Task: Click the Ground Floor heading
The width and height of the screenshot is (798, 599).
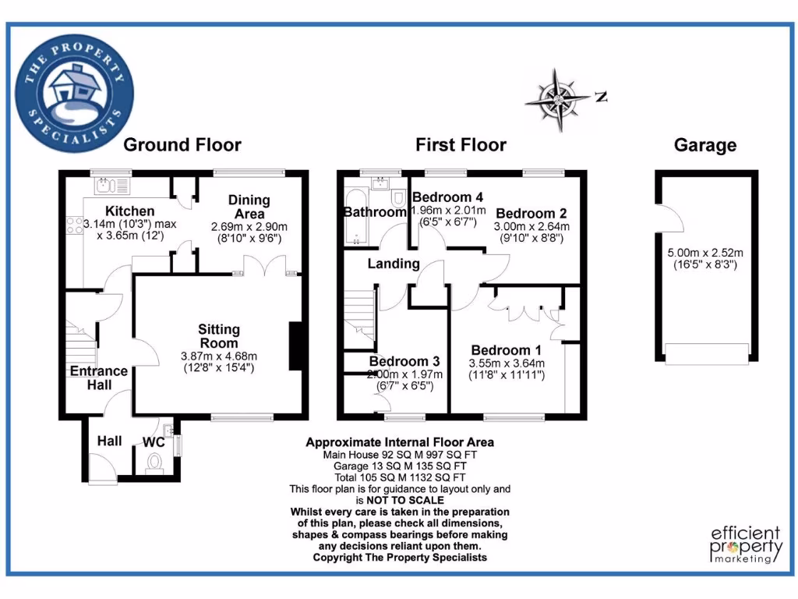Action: click(x=182, y=145)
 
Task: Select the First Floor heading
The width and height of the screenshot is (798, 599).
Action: click(x=461, y=145)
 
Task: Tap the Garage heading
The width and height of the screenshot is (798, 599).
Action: click(x=704, y=145)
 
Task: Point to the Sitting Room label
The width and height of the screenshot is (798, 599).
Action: click(x=218, y=336)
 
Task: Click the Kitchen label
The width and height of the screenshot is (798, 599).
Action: click(x=130, y=211)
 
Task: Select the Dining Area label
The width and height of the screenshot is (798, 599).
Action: click(x=249, y=207)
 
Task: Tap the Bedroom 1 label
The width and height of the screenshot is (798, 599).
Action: click(x=500, y=350)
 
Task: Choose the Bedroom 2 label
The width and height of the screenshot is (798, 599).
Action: click(x=531, y=213)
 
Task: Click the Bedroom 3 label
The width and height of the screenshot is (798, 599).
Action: click(x=404, y=362)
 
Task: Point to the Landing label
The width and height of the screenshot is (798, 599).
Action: click(x=394, y=264)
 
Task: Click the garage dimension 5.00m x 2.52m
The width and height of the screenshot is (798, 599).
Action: click(x=704, y=253)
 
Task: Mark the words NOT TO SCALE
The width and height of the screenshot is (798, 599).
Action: click(x=400, y=500)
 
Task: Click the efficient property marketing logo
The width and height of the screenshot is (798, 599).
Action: click(x=746, y=544)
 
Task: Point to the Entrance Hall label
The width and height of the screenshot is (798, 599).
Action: click(x=99, y=377)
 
